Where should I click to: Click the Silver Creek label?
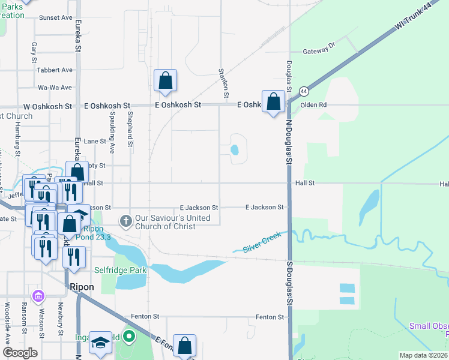[262, 246]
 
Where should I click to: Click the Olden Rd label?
[313, 104]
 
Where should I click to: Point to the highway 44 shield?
[304, 91]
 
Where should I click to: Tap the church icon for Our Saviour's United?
[126, 221]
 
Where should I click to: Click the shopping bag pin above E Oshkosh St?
[165, 81]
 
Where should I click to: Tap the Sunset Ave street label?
[55, 18]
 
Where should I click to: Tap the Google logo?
[20, 353]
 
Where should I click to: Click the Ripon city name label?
[82, 287]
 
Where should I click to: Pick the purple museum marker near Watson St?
[39, 296]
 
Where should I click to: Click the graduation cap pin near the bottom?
[100, 343]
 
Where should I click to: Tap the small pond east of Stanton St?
[235, 150]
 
